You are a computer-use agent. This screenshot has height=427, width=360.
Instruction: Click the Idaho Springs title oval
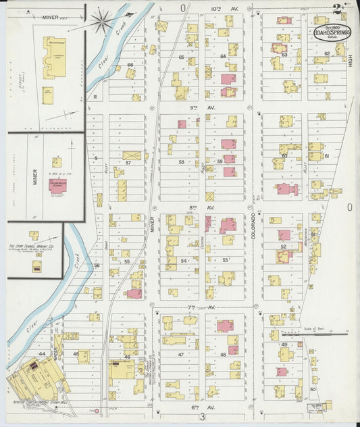pos(331,30)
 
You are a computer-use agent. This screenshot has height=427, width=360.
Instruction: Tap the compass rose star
pos(103,21)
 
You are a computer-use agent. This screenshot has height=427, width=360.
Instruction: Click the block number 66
pos(130,66)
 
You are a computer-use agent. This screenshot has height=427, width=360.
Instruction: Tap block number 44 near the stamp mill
pos(42,353)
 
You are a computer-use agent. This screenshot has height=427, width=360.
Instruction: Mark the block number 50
pos(313,389)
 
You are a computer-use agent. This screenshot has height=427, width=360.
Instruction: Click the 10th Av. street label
pos(216,8)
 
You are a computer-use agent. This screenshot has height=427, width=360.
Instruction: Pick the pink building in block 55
pos(134,294)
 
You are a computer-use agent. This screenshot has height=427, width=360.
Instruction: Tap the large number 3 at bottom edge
pos(202,418)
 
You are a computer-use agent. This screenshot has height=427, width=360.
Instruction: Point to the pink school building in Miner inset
pos(57,184)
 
